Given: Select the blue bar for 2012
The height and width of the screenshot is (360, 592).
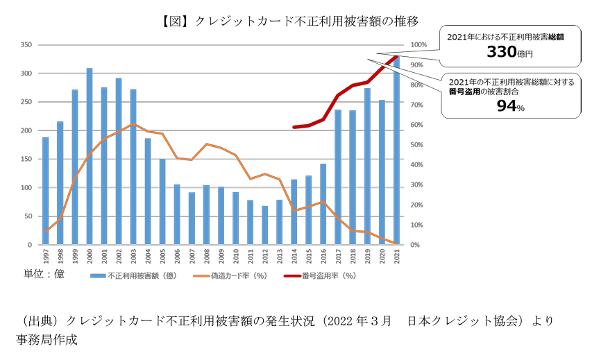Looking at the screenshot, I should point(264,225).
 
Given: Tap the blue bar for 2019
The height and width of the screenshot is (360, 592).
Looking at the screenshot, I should point(367,166).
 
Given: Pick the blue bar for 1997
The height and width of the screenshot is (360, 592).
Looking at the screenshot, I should point(46,191).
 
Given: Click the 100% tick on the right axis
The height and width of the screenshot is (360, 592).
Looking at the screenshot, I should point(420,45).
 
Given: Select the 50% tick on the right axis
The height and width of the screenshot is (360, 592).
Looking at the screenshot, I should point(418,145).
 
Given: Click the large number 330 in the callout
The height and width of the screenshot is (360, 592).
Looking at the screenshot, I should point(500,52).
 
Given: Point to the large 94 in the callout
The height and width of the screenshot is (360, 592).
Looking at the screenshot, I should point(505,105).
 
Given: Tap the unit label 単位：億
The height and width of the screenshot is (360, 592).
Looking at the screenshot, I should point(44,274).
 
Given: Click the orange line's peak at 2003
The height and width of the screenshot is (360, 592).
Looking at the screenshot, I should point(133,124).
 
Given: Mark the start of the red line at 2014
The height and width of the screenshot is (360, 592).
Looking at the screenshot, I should point(294,127).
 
